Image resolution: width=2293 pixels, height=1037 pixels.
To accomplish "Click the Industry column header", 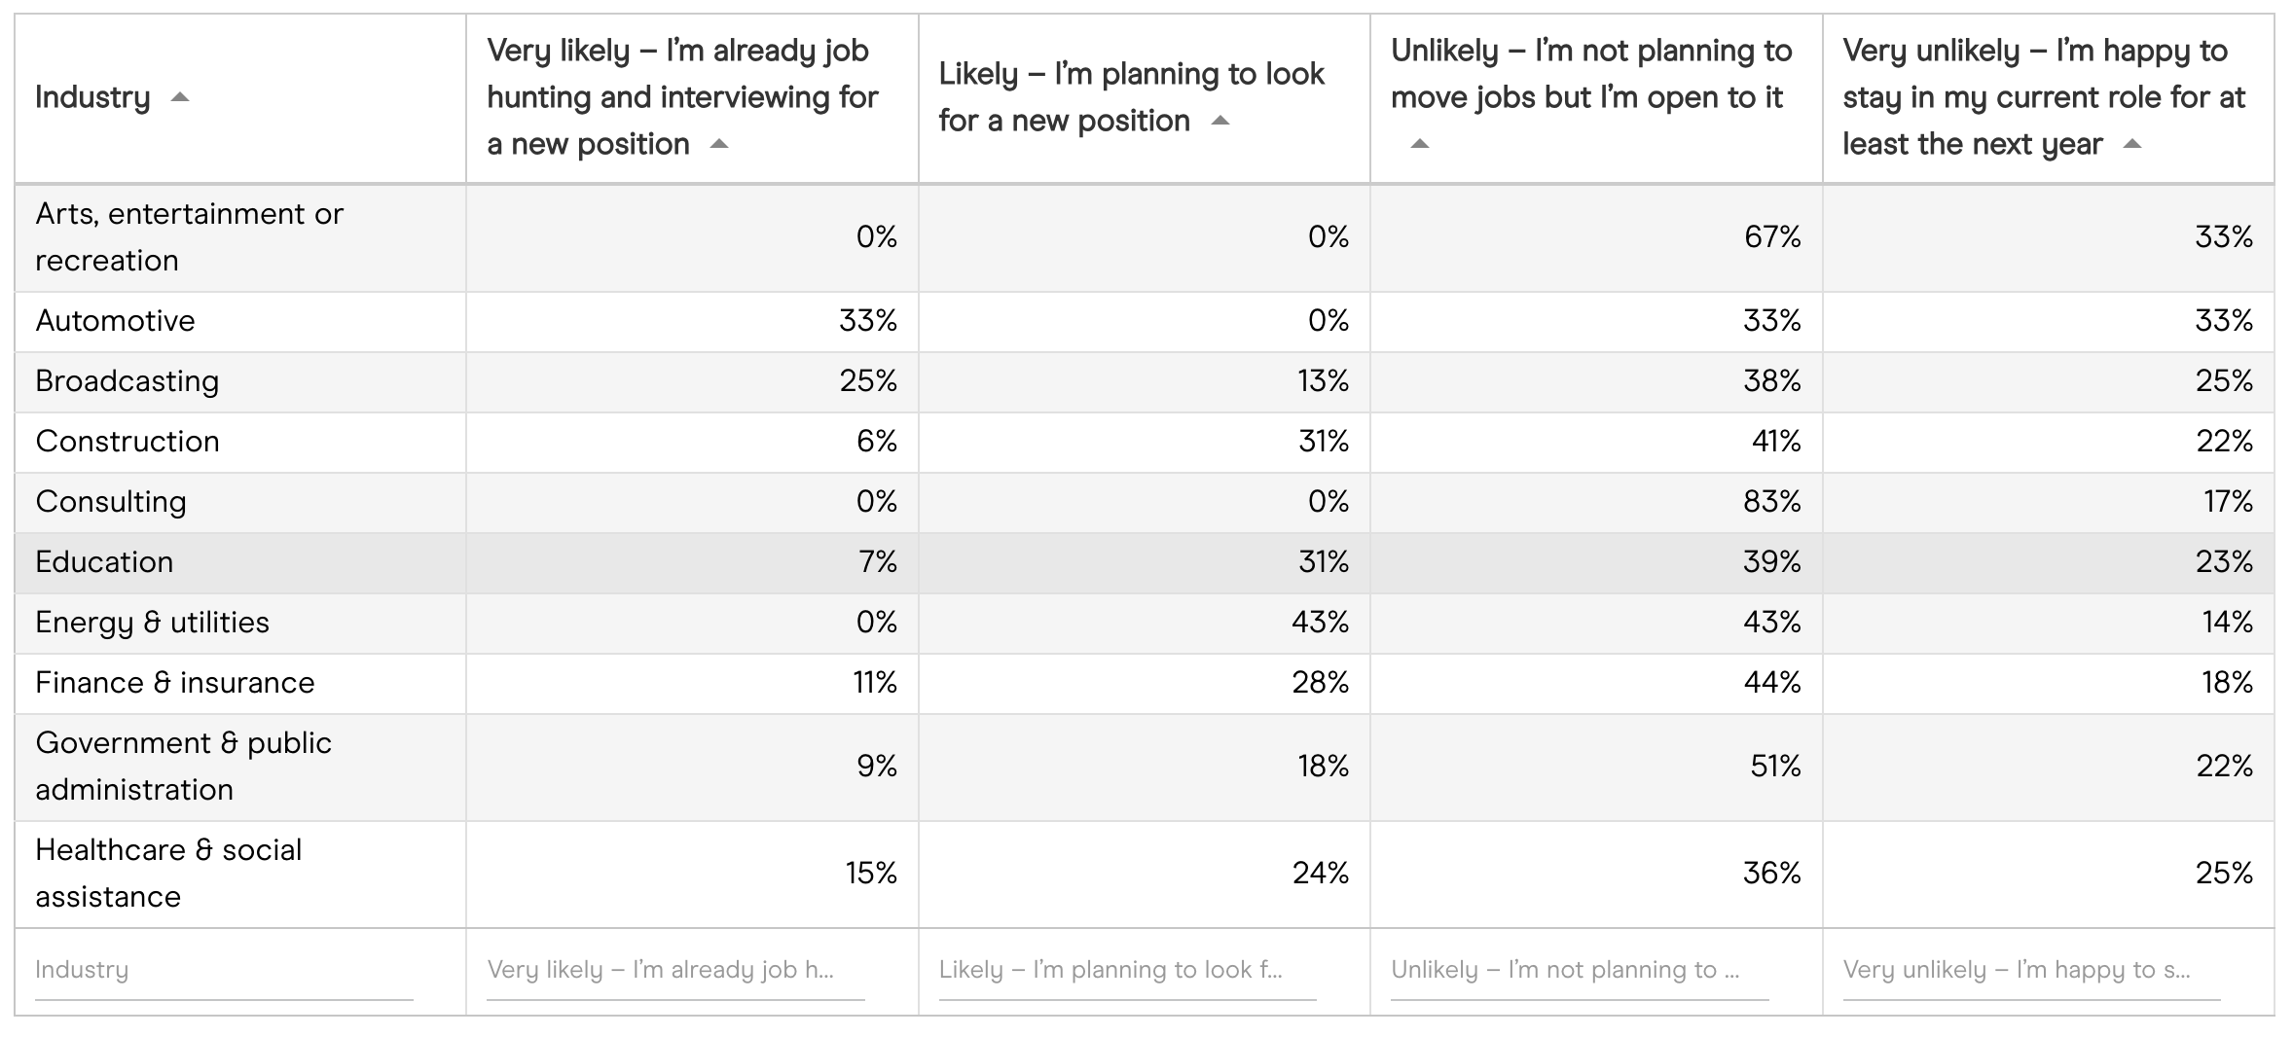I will click(93, 97).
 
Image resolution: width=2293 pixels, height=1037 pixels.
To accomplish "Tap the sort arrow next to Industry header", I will click(180, 97).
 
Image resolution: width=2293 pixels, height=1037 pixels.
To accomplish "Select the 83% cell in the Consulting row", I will click(1771, 502).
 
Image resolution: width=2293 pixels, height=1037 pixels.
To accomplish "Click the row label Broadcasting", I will click(127, 381).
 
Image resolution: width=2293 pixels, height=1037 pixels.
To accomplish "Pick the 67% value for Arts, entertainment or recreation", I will click(1771, 237).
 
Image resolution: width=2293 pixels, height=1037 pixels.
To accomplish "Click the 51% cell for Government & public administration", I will click(1774, 767).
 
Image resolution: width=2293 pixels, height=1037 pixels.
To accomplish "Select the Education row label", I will click(104, 562).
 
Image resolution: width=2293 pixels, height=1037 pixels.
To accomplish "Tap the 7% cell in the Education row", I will click(877, 562).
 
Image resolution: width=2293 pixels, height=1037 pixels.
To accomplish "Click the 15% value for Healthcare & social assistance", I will click(870, 874).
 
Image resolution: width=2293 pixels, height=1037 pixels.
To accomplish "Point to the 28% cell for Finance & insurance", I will click(1320, 683).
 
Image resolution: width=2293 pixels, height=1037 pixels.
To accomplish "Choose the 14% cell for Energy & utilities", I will click(2227, 623).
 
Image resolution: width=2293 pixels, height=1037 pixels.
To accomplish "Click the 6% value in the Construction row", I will click(876, 442).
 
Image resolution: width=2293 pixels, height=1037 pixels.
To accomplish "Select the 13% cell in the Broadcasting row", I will click(1323, 381).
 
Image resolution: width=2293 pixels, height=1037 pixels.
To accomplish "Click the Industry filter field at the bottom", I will click(224, 971).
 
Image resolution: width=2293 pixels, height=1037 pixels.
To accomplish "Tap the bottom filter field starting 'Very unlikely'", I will click(2030, 971).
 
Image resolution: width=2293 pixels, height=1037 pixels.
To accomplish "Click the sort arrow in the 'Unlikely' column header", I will click(1420, 144).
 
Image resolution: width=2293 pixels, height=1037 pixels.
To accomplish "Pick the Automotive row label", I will click(115, 321).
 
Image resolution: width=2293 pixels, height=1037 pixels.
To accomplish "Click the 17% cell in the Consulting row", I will click(2228, 502).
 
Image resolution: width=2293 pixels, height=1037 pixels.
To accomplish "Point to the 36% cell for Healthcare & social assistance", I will click(1771, 874).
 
